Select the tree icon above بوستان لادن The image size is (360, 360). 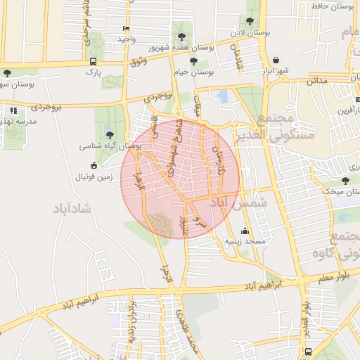pos(251,22)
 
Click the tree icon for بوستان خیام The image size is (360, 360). pos(193,62)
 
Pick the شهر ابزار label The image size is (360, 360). pos(276,72)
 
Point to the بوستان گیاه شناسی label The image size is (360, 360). pos(111,146)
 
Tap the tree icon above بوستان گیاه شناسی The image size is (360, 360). pos(109,134)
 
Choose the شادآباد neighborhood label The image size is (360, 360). pos(72,209)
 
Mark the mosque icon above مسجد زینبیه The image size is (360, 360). pos(245,231)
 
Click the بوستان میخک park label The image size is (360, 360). pos(340,191)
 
